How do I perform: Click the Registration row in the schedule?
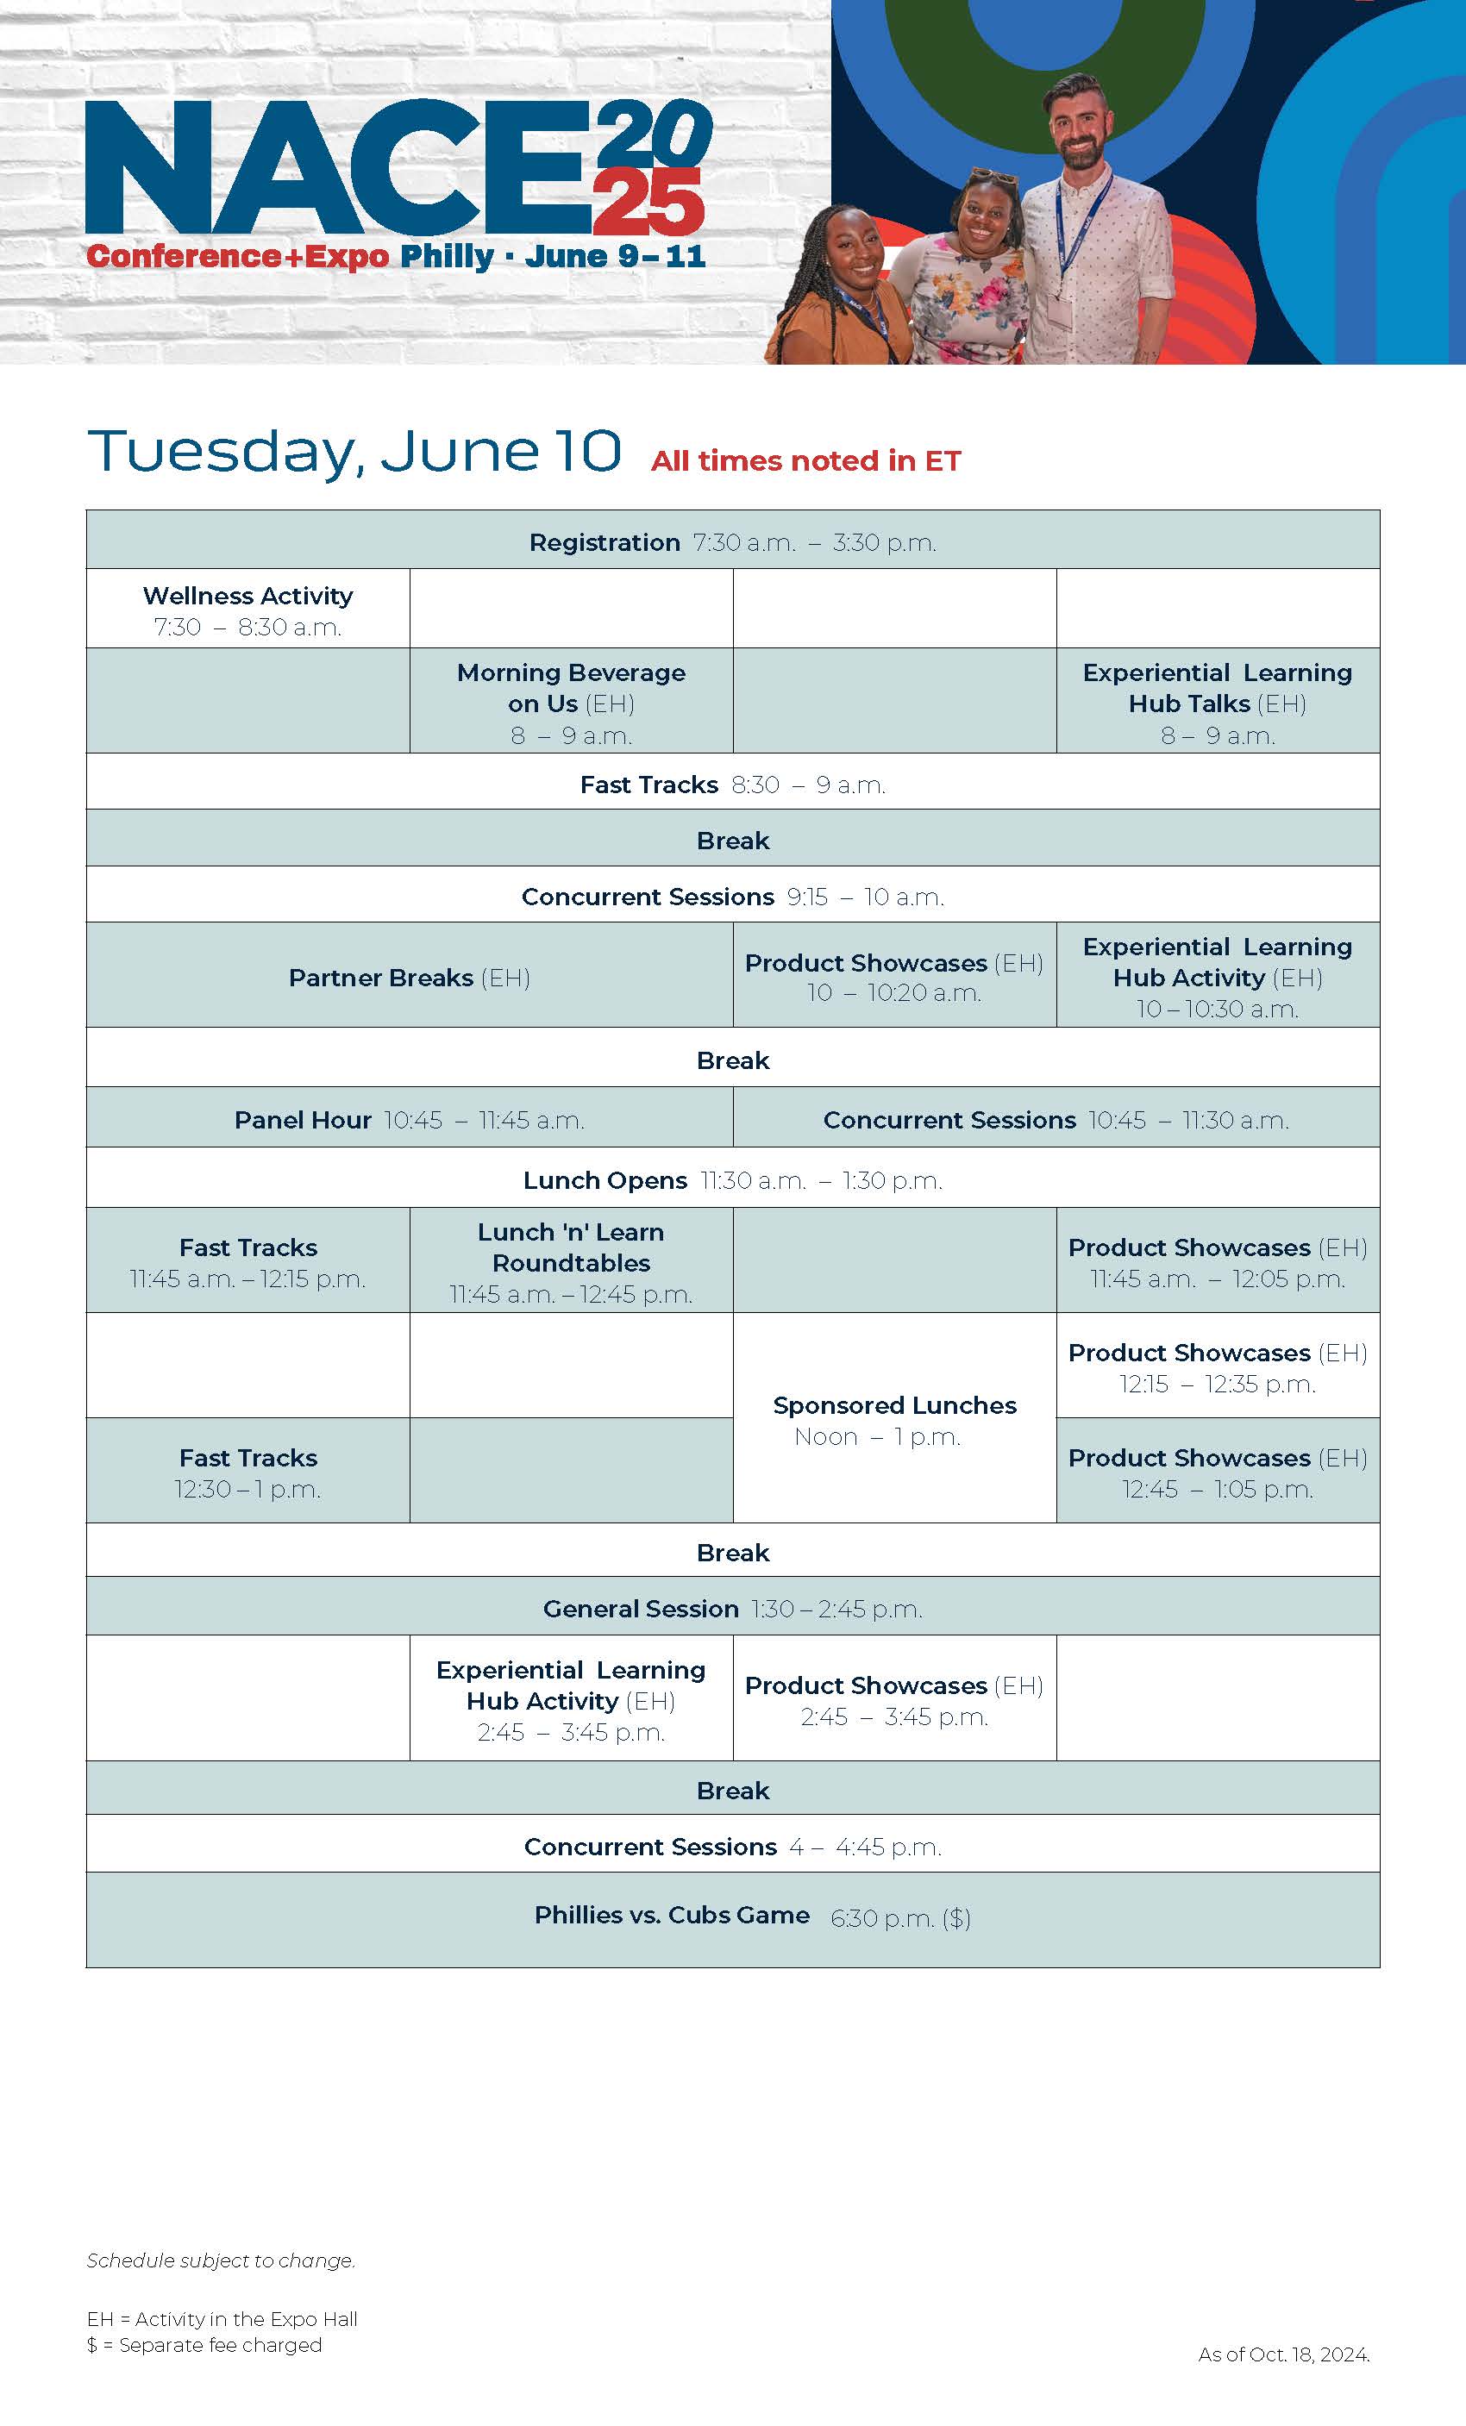732,540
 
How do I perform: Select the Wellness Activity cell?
248,609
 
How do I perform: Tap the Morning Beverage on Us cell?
571,700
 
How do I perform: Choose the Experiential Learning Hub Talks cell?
1218,700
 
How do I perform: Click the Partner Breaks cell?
410,975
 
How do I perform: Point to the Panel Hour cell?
410,1116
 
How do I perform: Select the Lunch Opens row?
732,1178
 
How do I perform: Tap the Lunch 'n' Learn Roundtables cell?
571,1260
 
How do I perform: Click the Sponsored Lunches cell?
894,1418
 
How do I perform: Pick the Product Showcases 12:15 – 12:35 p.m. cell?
1218,1366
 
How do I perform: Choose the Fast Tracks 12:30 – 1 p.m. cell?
248,1470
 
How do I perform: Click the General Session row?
732,1606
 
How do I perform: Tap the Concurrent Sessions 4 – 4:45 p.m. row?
732,1843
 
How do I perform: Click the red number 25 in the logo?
648,201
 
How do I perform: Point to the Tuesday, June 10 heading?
354,452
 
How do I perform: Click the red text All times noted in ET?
805,460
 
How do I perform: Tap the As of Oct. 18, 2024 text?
1284,2354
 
